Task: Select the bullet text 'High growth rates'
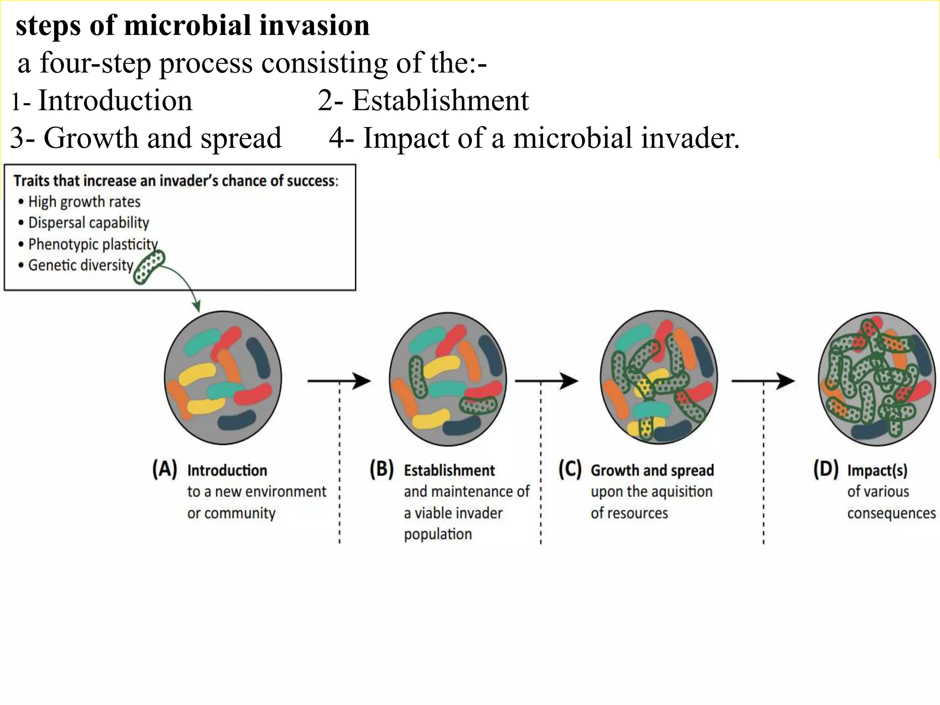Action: tap(84, 201)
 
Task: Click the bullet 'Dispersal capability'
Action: tap(89, 223)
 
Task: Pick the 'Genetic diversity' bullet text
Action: tap(81, 265)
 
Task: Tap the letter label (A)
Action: tap(164, 470)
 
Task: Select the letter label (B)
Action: tap(381, 470)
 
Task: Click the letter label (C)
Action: tap(570, 470)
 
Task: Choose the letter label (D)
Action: tap(825, 470)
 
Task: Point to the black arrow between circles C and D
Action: tap(763, 380)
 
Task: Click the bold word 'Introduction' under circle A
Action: tap(227, 470)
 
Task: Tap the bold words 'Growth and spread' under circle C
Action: tap(652, 470)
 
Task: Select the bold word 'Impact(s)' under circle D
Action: tap(877, 470)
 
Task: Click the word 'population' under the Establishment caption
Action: tap(437, 534)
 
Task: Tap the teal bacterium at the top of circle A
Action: tap(202, 341)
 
